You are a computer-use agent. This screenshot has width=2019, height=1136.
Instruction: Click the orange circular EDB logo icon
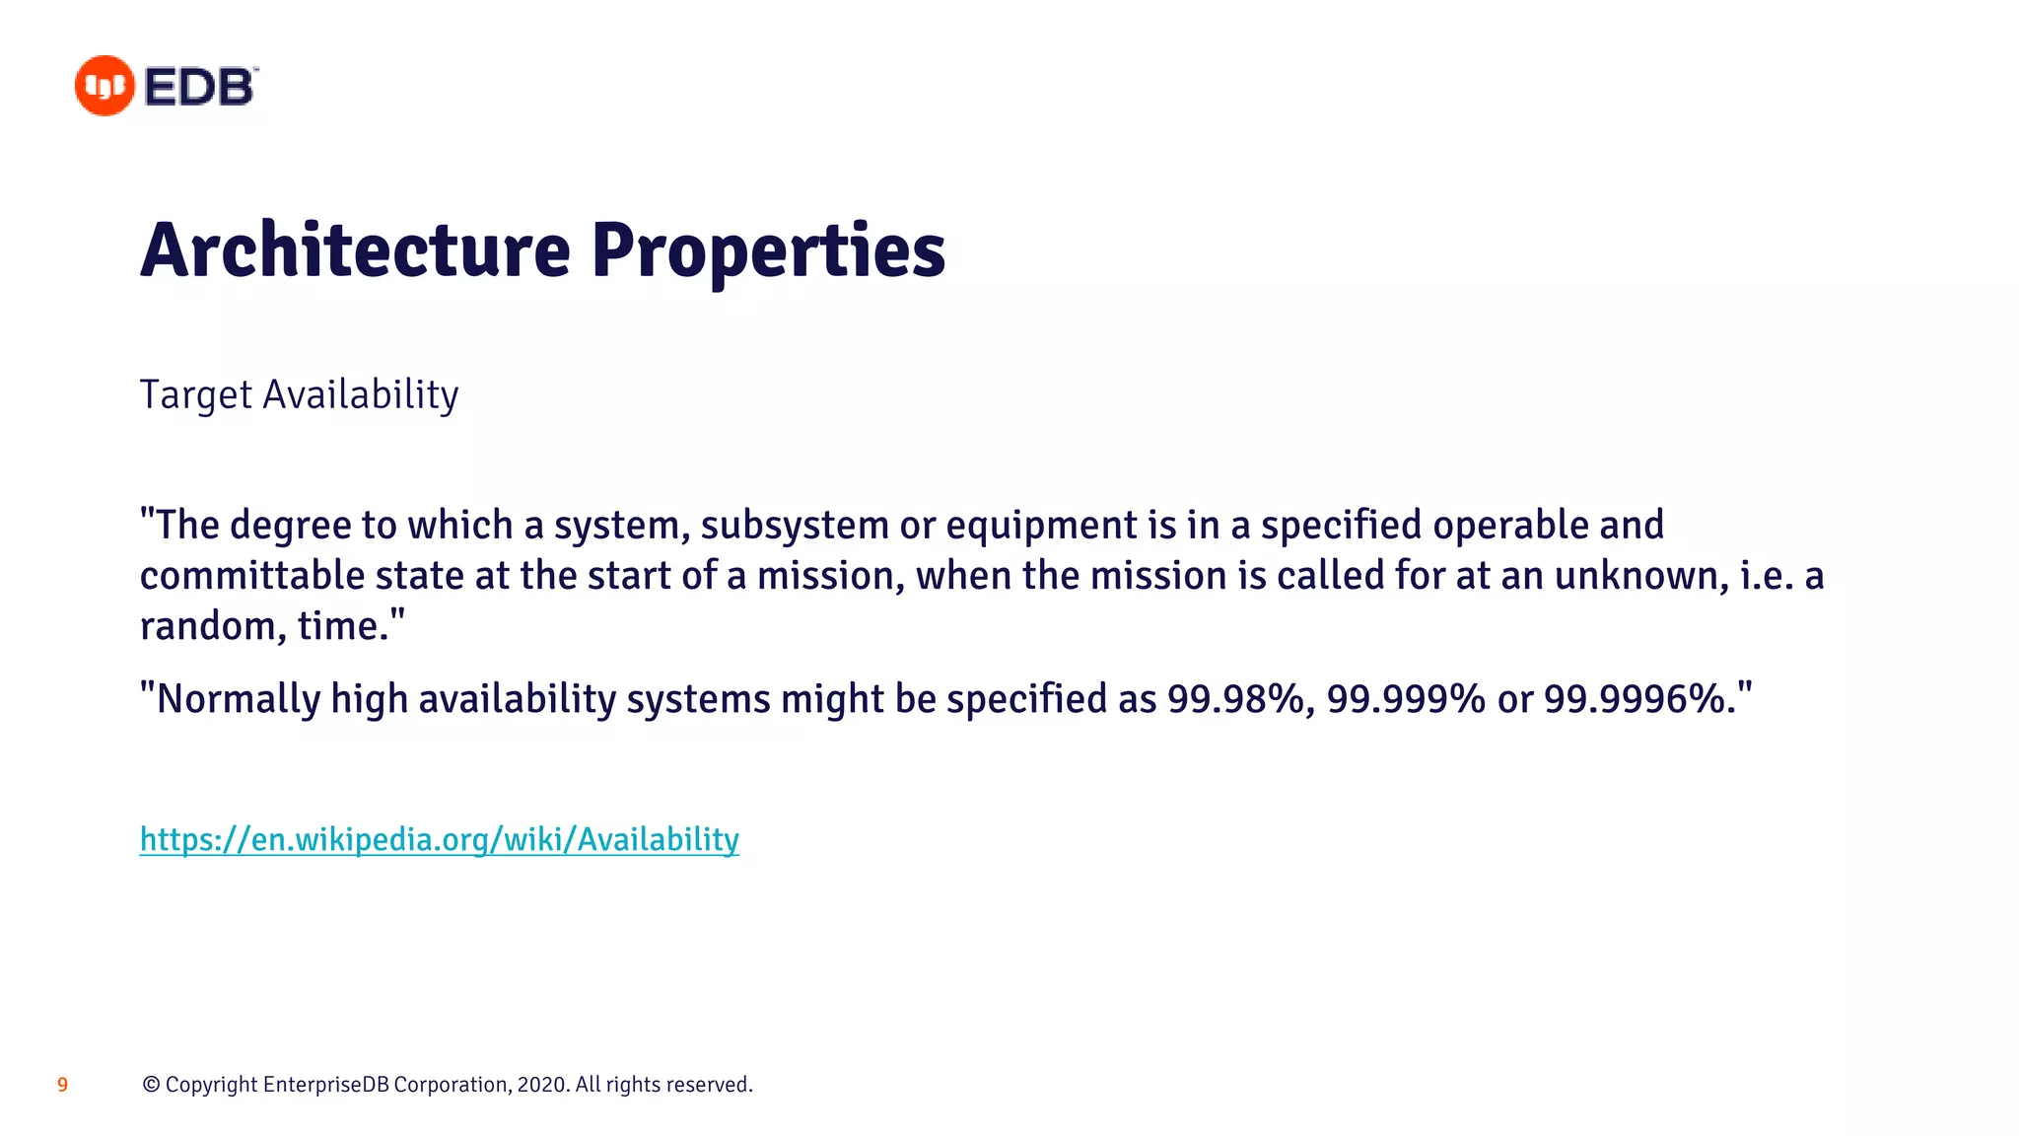[x=104, y=86]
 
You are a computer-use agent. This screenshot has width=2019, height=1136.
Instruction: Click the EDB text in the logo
[x=201, y=87]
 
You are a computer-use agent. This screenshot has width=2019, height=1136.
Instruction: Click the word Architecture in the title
[x=355, y=250]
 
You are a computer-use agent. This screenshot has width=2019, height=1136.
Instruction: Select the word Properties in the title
[x=768, y=250]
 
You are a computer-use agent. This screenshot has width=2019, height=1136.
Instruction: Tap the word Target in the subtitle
[x=196, y=394]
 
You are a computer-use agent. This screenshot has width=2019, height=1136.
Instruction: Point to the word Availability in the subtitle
[x=361, y=394]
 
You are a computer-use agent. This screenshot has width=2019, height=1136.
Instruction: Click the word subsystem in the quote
[x=795, y=526]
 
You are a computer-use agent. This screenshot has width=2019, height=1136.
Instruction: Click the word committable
[x=252, y=576]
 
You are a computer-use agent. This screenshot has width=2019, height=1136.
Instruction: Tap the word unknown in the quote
[x=1641, y=576]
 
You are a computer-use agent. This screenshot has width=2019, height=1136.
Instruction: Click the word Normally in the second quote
[x=239, y=699]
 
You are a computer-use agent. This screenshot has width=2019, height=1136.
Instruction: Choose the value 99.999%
[x=1406, y=699]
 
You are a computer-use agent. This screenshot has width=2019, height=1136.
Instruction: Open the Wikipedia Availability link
[x=439, y=839]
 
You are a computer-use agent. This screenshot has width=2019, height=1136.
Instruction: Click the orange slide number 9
[x=62, y=1085]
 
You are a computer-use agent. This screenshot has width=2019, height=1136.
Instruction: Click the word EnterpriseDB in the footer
[x=326, y=1085]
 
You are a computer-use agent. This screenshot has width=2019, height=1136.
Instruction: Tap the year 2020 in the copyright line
[x=541, y=1085]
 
